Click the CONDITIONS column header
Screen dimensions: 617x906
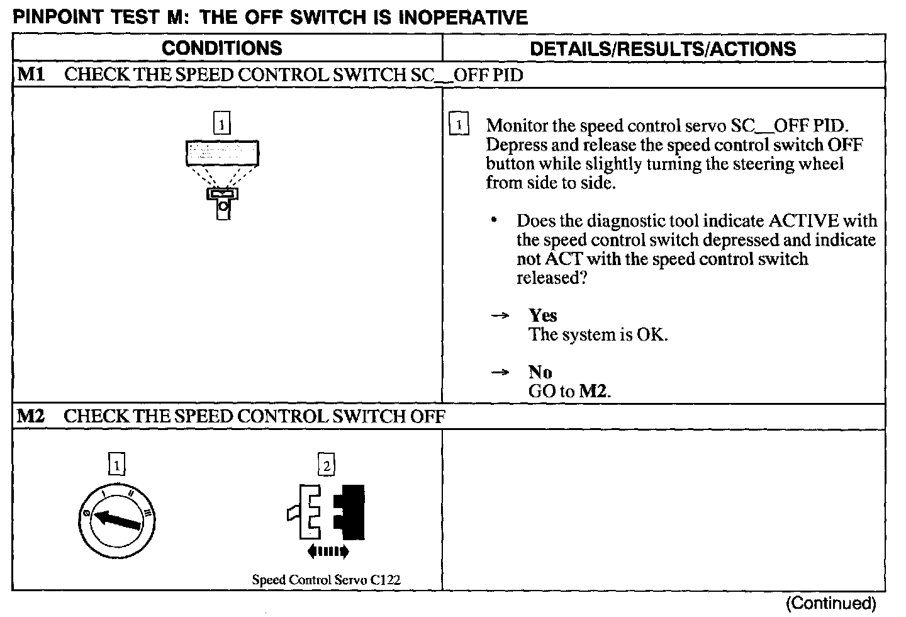coord(221,48)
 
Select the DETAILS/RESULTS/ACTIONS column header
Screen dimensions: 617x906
coord(663,49)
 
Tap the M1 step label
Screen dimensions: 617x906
coord(30,75)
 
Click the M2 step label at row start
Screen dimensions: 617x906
coord(30,416)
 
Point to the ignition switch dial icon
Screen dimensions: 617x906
coord(118,519)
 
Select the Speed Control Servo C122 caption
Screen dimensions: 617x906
coord(326,580)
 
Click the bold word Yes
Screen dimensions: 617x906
coord(542,315)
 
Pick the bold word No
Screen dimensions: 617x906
coord(540,372)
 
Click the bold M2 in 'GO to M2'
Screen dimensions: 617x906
coord(593,392)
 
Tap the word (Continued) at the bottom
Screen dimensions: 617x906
coord(830,603)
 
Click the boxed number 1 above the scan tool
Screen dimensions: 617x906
coord(222,123)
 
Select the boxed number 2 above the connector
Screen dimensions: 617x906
coord(326,466)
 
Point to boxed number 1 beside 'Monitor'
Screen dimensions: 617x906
coord(459,125)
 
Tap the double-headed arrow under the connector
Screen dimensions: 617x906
coord(328,552)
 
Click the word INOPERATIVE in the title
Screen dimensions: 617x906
coord(463,18)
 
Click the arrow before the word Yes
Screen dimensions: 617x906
coord(500,316)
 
